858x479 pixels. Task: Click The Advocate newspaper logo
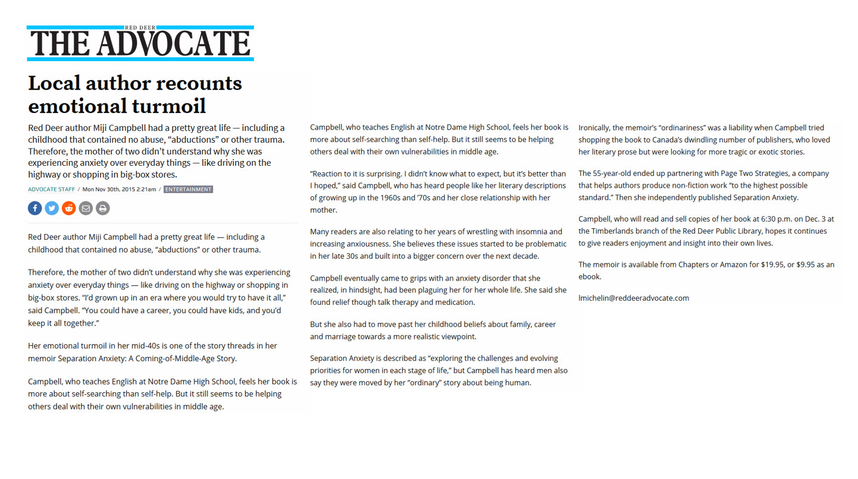140,43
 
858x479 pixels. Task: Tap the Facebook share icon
35,208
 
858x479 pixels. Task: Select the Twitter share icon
52,208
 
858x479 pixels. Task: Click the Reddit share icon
69,208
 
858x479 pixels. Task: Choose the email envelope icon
86,208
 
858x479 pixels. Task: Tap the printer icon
103,208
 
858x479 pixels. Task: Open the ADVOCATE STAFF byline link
51,190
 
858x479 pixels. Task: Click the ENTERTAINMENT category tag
188,190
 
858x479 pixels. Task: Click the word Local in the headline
54,83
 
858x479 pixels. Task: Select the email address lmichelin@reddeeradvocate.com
634,298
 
